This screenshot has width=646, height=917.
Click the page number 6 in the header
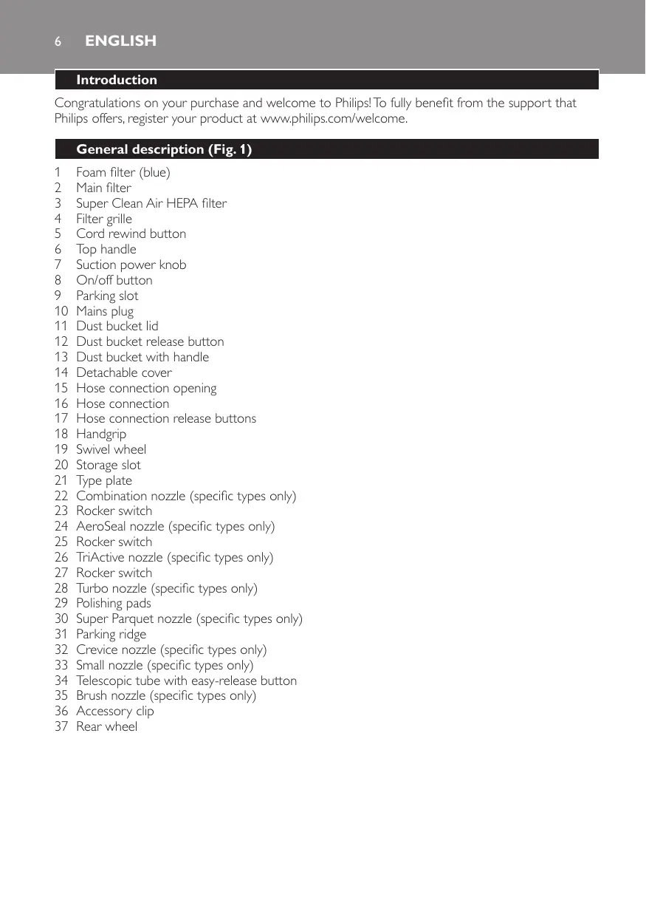pos(57,41)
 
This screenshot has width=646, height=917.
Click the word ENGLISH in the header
pos(120,41)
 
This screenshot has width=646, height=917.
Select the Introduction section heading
pos(117,80)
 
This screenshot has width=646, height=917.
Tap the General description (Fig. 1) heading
pos(164,149)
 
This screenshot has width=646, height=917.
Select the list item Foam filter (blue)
pos(123,172)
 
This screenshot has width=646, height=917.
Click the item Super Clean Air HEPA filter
pos(151,203)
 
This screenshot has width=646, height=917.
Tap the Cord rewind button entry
pos(131,233)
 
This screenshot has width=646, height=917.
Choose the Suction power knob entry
pos(131,265)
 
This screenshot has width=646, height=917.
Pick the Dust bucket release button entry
pos(150,341)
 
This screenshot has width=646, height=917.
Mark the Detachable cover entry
pos(124,372)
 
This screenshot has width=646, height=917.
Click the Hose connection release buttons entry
pos(166,418)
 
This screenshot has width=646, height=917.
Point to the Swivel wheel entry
pos(111,449)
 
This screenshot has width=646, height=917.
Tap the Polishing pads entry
pos(113,603)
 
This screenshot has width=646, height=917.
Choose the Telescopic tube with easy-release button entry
pos(186,681)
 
